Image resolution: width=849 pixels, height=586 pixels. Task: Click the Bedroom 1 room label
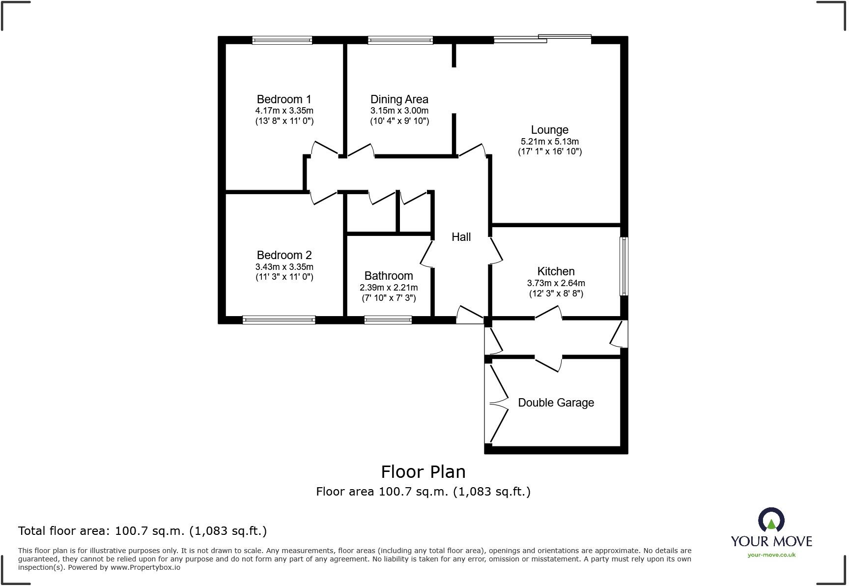pyautogui.click(x=284, y=99)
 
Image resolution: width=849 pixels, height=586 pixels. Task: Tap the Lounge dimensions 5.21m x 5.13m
pyautogui.click(x=549, y=142)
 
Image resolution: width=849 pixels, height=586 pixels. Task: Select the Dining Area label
pyautogui.click(x=399, y=99)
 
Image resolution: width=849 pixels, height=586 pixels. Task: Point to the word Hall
pyautogui.click(x=461, y=237)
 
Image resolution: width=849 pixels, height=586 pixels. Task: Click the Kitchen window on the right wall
pyautogui.click(x=624, y=266)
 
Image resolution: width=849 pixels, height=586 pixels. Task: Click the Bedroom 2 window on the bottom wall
pyautogui.click(x=279, y=320)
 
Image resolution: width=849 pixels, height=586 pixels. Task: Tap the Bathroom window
pyautogui.click(x=388, y=320)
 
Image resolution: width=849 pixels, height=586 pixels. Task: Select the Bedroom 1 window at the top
pyautogui.click(x=282, y=40)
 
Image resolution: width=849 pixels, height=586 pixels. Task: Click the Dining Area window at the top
pyautogui.click(x=400, y=40)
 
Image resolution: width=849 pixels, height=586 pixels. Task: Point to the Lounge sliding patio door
pyautogui.click(x=542, y=39)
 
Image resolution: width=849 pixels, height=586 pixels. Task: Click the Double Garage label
pyautogui.click(x=556, y=403)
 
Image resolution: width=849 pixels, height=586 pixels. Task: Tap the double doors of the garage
pyautogui.click(x=497, y=403)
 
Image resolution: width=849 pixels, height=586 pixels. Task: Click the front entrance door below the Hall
pyautogui.click(x=470, y=316)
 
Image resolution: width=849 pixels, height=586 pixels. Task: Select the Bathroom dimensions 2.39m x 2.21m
pyautogui.click(x=388, y=288)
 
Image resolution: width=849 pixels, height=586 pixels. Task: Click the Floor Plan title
pyautogui.click(x=423, y=472)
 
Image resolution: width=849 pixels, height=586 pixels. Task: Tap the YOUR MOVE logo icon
pyautogui.click(x=771, y=520)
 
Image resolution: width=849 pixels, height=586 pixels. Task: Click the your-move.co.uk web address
pyautogui.click(x=771, y=555)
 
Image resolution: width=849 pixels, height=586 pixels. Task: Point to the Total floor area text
pyautogui.click(x=142, y=531)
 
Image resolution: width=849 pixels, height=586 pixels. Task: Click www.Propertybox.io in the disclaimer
pyautogui.click(x=145, y=567)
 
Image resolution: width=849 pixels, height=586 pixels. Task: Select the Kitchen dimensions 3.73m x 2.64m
pyautogui.click(x=556, y=283)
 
